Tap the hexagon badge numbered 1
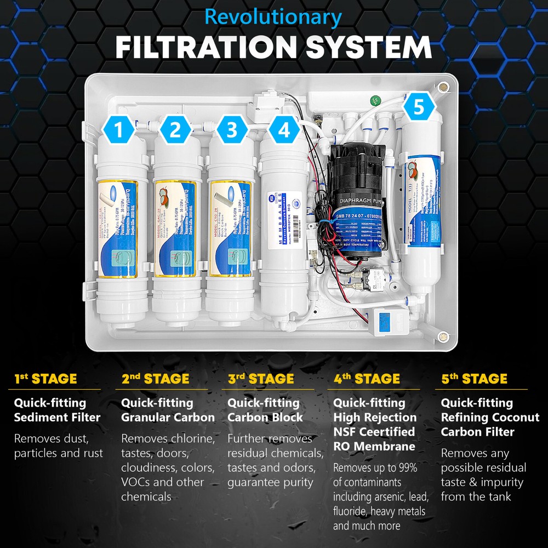point(119,130)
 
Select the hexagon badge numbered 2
point(175,130)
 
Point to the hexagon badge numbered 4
point(283,130)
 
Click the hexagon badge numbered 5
point(418,107)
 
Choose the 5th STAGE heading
point(474,379)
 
